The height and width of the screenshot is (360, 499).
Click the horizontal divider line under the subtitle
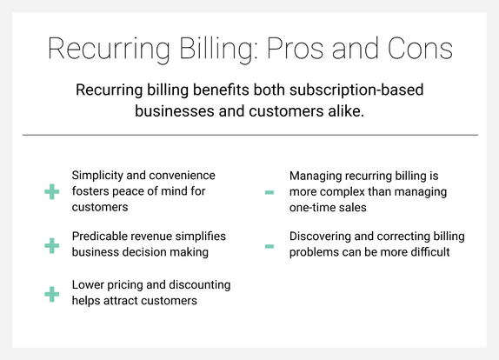(x=249, y=135)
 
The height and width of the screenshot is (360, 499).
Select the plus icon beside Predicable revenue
(x=51, y=245)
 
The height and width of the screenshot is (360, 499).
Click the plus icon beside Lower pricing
(x=51, y=294)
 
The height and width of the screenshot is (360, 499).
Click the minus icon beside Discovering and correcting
(x=269, y=246)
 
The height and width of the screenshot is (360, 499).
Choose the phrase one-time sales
(x=329, y=208)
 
